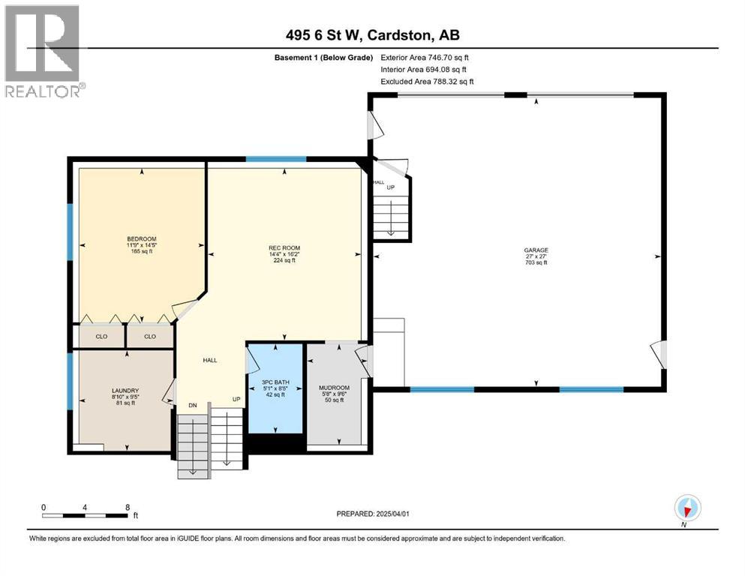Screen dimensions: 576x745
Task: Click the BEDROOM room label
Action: (x=141, y=238)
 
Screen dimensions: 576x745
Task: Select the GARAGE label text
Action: (x=536, y=250)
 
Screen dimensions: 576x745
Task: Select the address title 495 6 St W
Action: (x=372, y=36)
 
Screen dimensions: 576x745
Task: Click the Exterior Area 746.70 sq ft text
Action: (x=425, y=57)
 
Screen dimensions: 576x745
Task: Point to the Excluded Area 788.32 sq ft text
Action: (x=427, y=81)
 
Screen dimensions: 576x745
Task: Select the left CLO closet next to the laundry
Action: (x=102, y=336)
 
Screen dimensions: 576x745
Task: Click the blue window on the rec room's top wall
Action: (x=276, y=159)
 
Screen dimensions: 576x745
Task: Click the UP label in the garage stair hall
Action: (x=390, y=187)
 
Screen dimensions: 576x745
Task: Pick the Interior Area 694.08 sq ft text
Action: (x=425, y=69)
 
